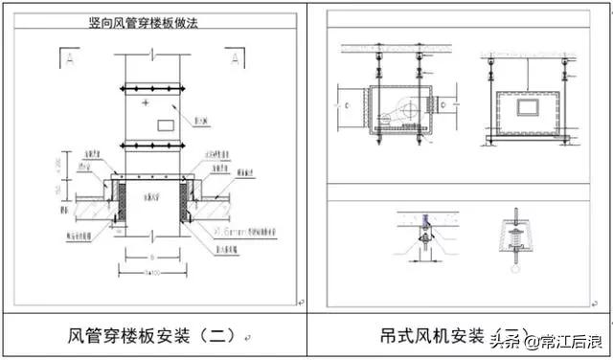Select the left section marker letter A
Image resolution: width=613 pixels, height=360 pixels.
click(71, 58)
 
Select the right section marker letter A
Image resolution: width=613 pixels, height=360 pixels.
click(234, 58)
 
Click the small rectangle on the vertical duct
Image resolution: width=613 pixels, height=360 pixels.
click(164, 124)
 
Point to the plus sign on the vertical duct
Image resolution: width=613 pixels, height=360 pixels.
click(145, 101)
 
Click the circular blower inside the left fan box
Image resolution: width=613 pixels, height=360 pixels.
click(409, 107)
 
